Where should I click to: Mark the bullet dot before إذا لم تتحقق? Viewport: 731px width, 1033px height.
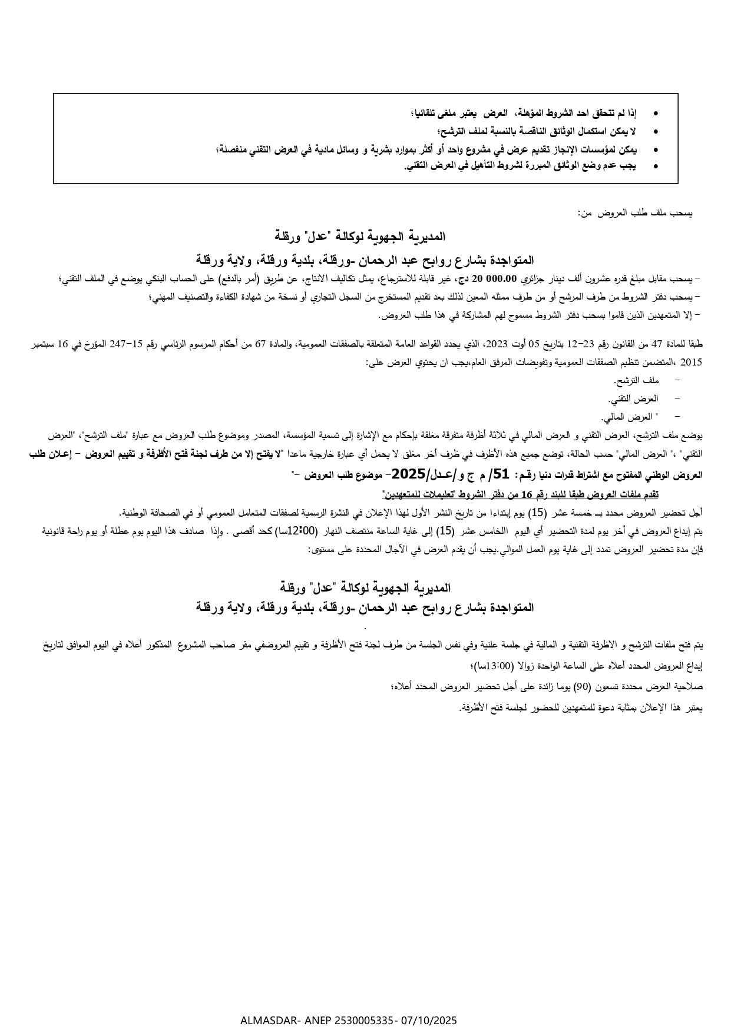pyautogui.click(x=656, y=112)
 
